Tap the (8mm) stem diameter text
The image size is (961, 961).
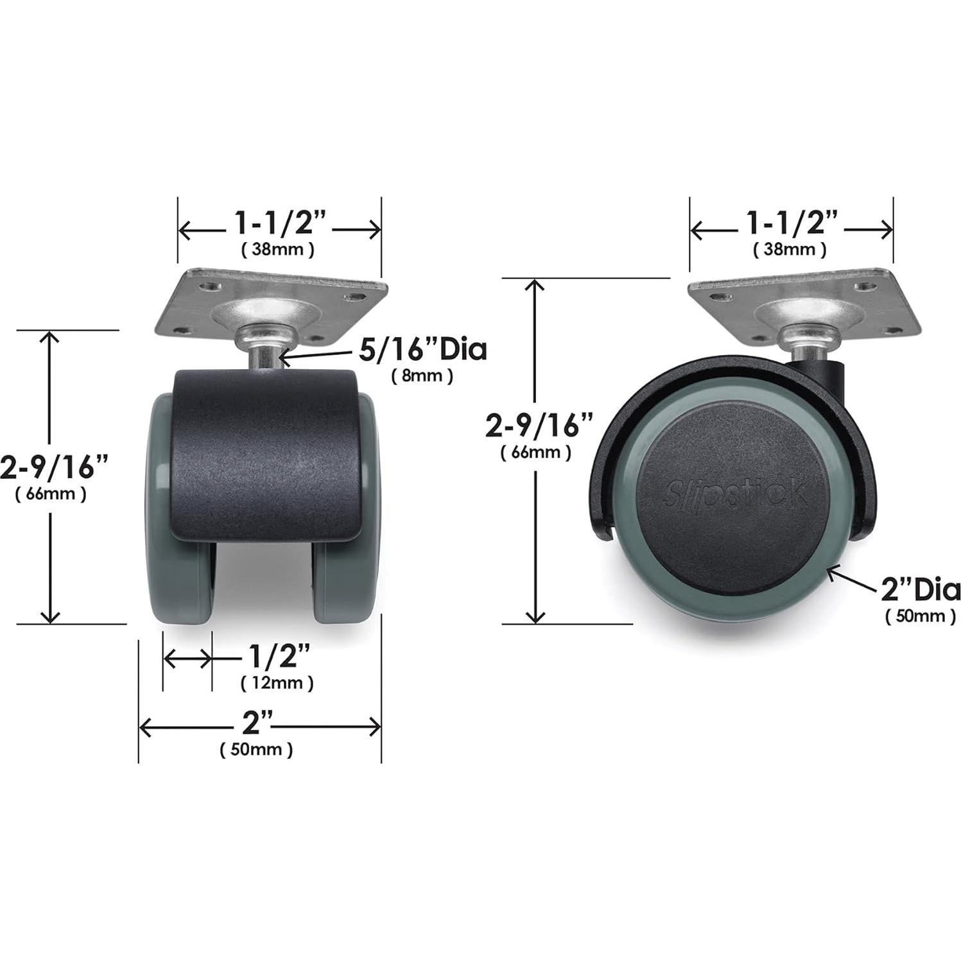422,376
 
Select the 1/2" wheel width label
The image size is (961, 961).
278,657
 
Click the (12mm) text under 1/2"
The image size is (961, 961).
277,682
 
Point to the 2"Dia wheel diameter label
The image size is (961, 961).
920,589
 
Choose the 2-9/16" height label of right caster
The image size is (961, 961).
539,425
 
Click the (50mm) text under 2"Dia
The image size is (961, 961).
920,616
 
